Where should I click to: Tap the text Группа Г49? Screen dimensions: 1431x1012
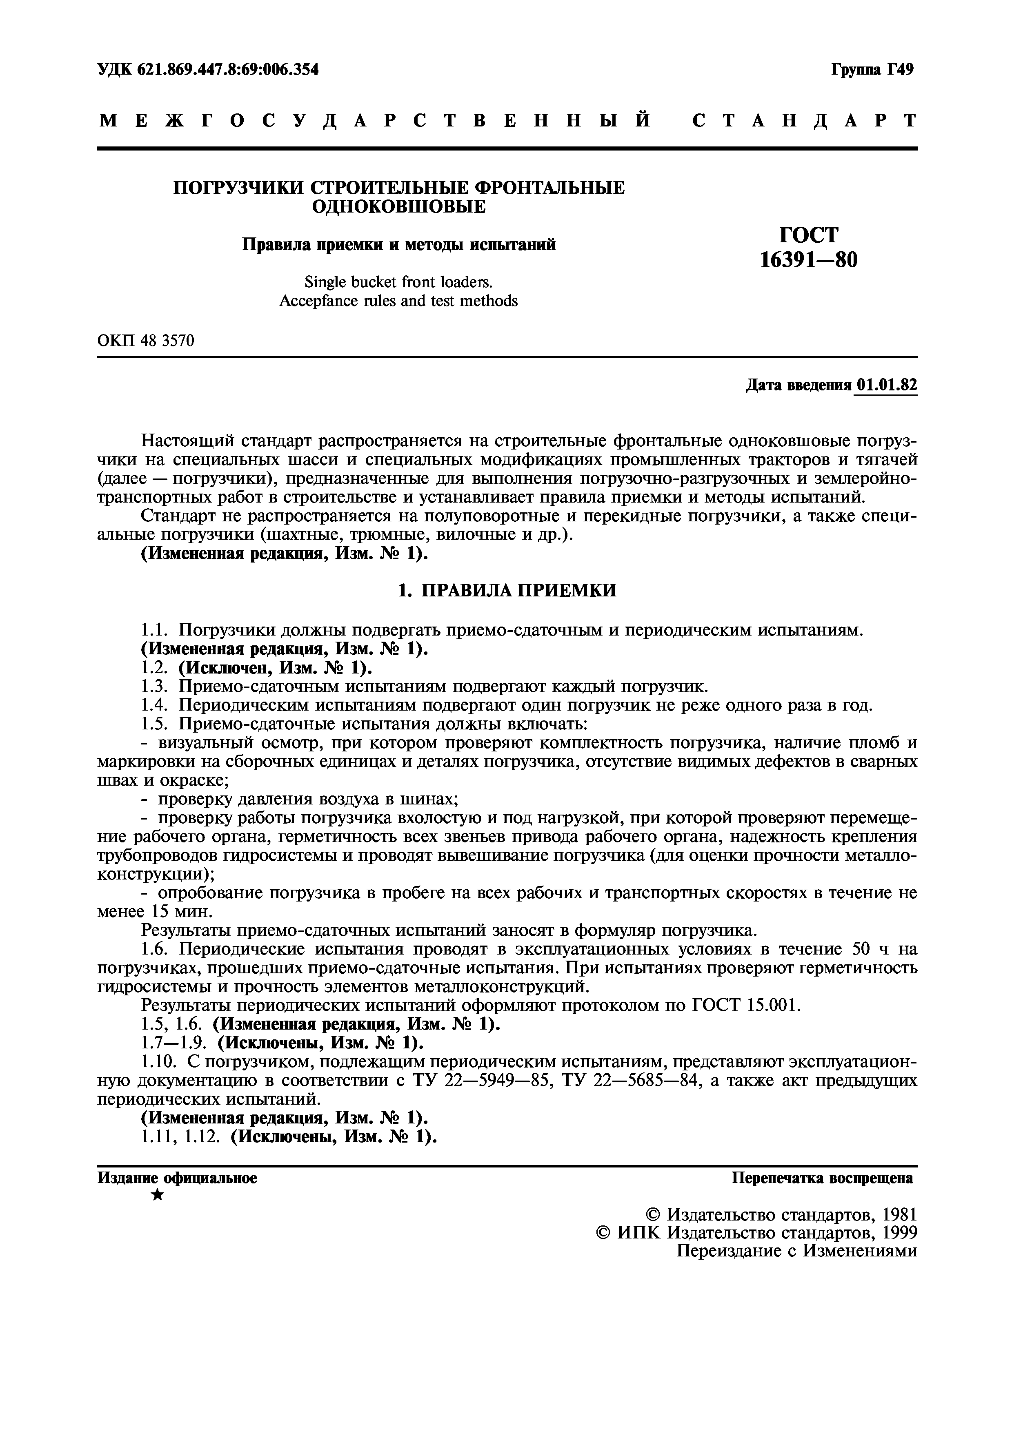872,69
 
